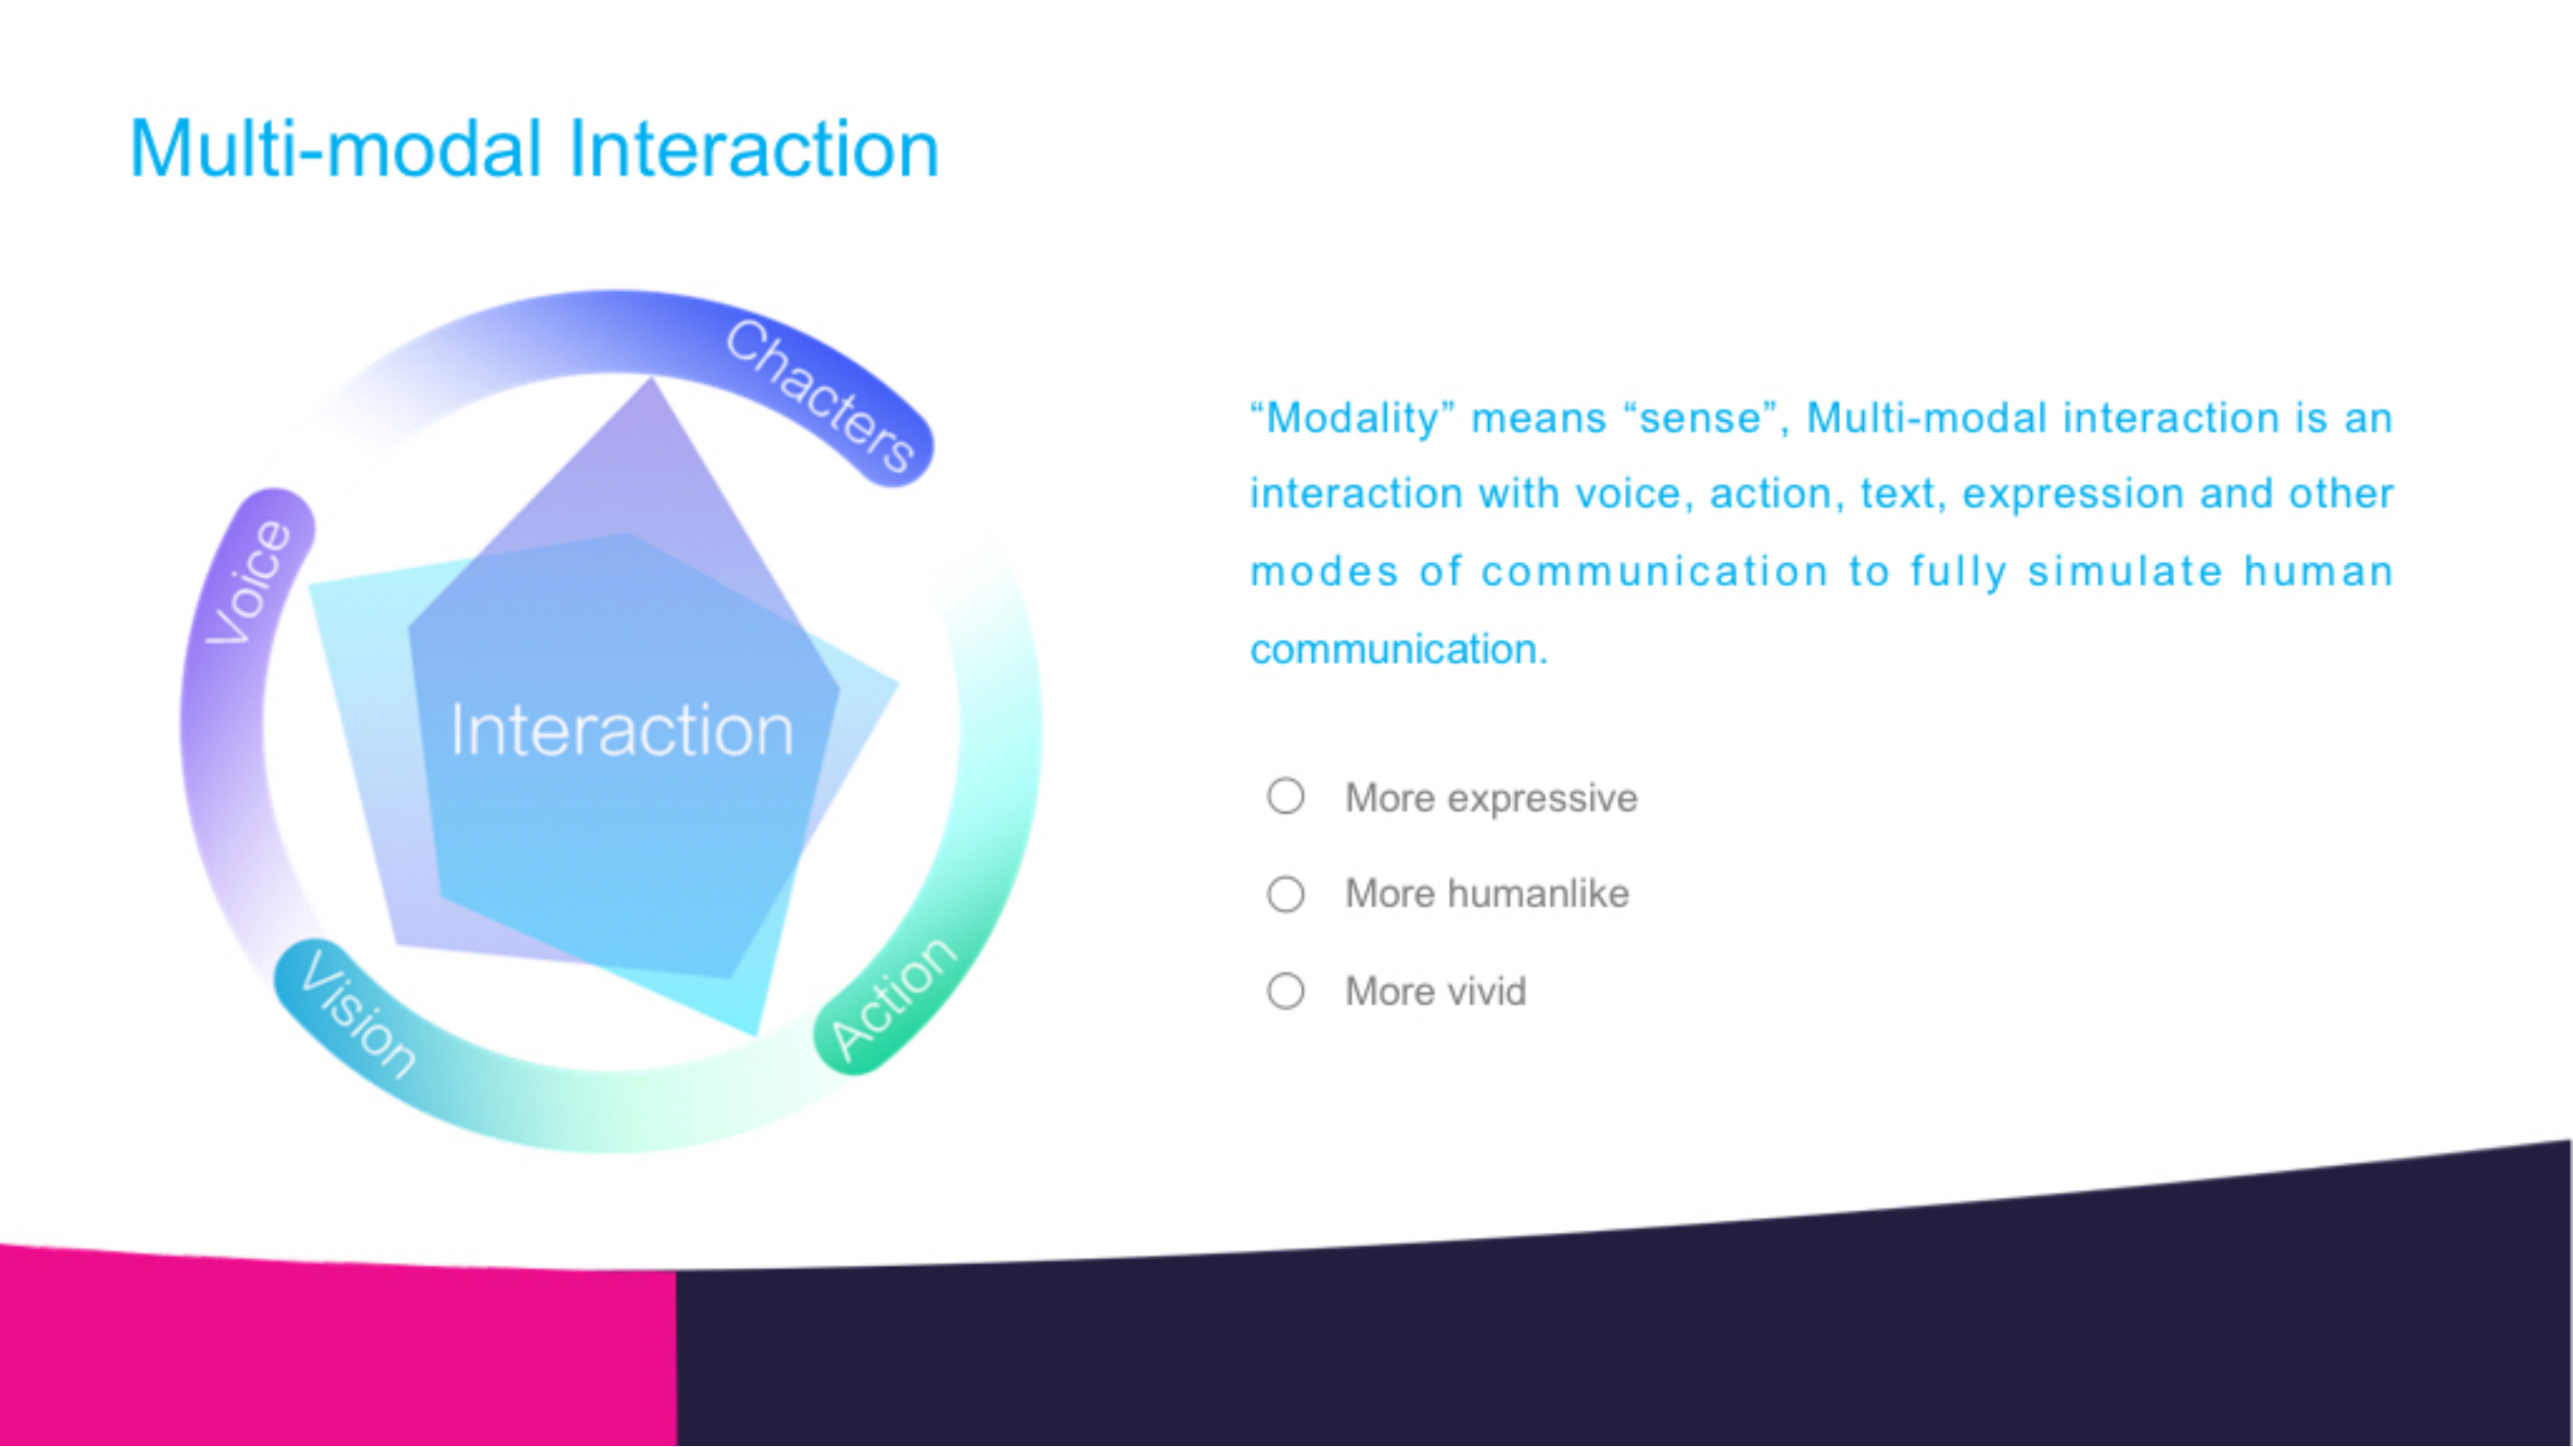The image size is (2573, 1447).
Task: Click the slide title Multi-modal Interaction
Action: point(535,150)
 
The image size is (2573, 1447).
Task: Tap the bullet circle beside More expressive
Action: point(1286,797)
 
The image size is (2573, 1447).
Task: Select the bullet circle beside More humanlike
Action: point(1286,894)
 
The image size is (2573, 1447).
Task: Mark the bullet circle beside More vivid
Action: point(1286,990)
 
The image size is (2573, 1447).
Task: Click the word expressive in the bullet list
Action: point(1543,799)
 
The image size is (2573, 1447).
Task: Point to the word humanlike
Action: point(1538,894)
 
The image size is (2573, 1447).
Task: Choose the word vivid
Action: point(1486,991)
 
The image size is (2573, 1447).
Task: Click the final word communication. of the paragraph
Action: point(1400,649)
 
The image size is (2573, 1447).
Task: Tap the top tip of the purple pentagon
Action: point(651,377)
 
